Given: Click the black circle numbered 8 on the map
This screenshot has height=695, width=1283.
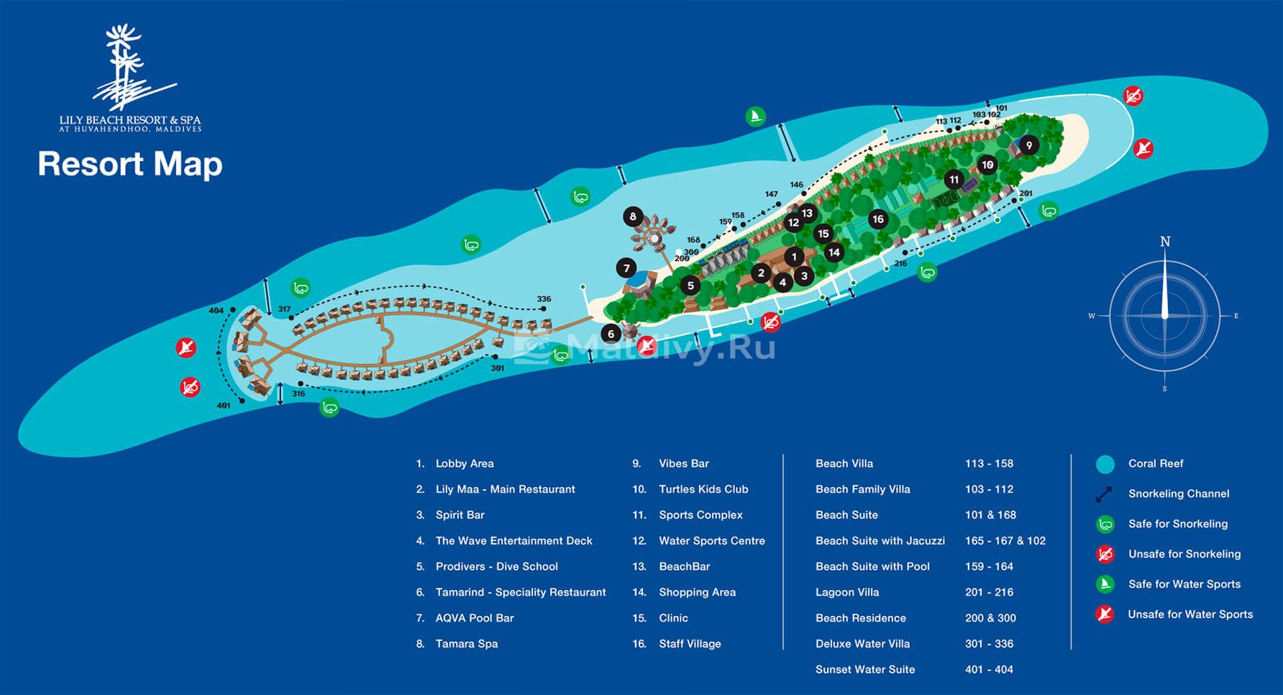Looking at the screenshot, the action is tap(633, 216).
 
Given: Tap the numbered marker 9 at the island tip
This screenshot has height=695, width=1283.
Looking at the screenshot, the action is tap(1029, 145).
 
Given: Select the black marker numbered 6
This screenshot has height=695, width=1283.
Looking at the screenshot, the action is tap(611, 334).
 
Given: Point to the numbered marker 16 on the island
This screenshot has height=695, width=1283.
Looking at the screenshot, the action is tap(878, 219).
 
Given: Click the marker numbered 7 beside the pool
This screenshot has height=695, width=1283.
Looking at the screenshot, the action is tap(626, 268).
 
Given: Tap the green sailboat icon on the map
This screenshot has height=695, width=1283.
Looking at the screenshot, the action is tap(755, 117).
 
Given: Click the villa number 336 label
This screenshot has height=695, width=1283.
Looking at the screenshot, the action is tap(544, 299).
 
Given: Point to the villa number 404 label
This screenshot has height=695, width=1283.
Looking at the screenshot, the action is tap(216, 311).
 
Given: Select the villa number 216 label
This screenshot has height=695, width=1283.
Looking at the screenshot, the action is tap(900, 263).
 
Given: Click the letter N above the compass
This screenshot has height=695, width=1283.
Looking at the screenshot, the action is tap(1165, 242).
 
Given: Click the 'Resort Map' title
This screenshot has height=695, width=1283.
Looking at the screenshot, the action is tap(130, 164).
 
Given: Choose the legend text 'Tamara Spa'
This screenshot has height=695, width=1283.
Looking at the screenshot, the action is tap(467, 644).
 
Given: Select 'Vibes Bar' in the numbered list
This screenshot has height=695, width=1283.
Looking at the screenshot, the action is tap(684, 464).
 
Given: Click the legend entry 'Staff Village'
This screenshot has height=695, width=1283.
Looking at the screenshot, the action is tap(690, 644).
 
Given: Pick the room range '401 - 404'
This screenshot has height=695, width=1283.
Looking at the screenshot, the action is tap(989, 670).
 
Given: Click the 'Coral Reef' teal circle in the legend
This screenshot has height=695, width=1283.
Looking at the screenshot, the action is tap(1105, 464).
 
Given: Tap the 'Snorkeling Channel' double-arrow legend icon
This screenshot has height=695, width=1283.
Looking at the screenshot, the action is tap(1104, 494).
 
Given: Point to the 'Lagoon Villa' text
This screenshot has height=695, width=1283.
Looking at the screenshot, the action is tap(847, 593).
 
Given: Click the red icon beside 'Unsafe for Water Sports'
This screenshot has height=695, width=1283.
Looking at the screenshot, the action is tap(1105, 614).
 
